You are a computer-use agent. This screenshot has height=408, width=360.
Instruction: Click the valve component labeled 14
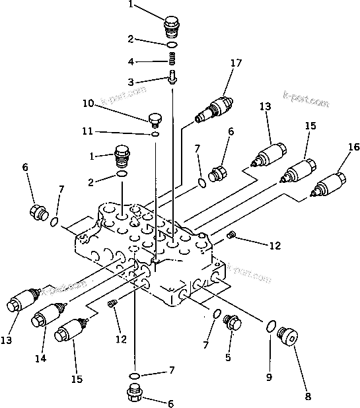click(47, 317)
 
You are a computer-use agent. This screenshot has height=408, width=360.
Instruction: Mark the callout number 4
click(131, 62)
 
